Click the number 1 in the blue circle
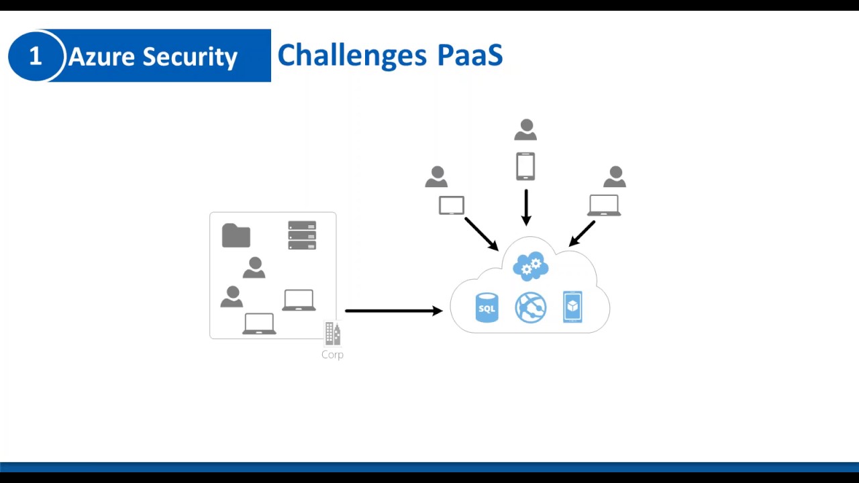click(36, 56)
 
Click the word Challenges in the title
click(352, 55)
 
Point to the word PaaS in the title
click(470, 55)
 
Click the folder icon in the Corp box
click(236, 236)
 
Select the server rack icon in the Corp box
click(302, 235)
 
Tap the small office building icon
click(332, 333)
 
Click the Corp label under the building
click(332, 355)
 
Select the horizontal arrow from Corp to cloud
click(393, 311)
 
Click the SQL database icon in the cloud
click(487, 308)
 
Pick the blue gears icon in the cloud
click(530, 266)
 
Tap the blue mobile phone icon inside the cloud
click(572, 307)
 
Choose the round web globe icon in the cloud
click(530, 308)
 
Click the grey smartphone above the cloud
click(525, 166)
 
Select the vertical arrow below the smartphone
click(526, 207)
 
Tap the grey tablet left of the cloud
click(452, 205)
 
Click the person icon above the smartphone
click(526, 130)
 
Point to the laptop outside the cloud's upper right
click(604, 205)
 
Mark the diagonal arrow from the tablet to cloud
click(481, 233)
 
